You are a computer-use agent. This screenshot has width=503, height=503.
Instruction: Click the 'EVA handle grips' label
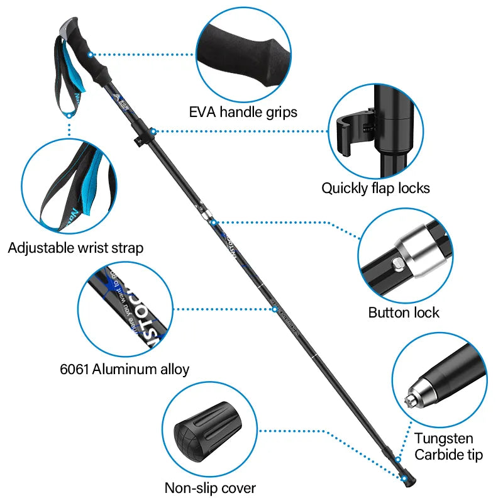pyautogui.click(x=243, y=113)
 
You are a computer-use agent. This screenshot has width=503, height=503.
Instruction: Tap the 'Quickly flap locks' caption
pyautogui.click(x=375, y=187)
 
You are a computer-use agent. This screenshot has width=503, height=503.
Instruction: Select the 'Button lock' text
pyautogui.click(x=404, y=312)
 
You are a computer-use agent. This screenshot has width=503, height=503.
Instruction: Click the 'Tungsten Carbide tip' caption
pyautogui.click(x=448, y=446)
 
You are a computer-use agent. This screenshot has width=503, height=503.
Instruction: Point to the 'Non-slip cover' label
pyautogui.click(x=210, y=487)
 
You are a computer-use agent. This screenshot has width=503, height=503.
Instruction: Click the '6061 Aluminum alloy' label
pyautogui.click(x=124, y=369)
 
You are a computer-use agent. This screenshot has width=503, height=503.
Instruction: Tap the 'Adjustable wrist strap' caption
pyautogui.click(x=75, y=248)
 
